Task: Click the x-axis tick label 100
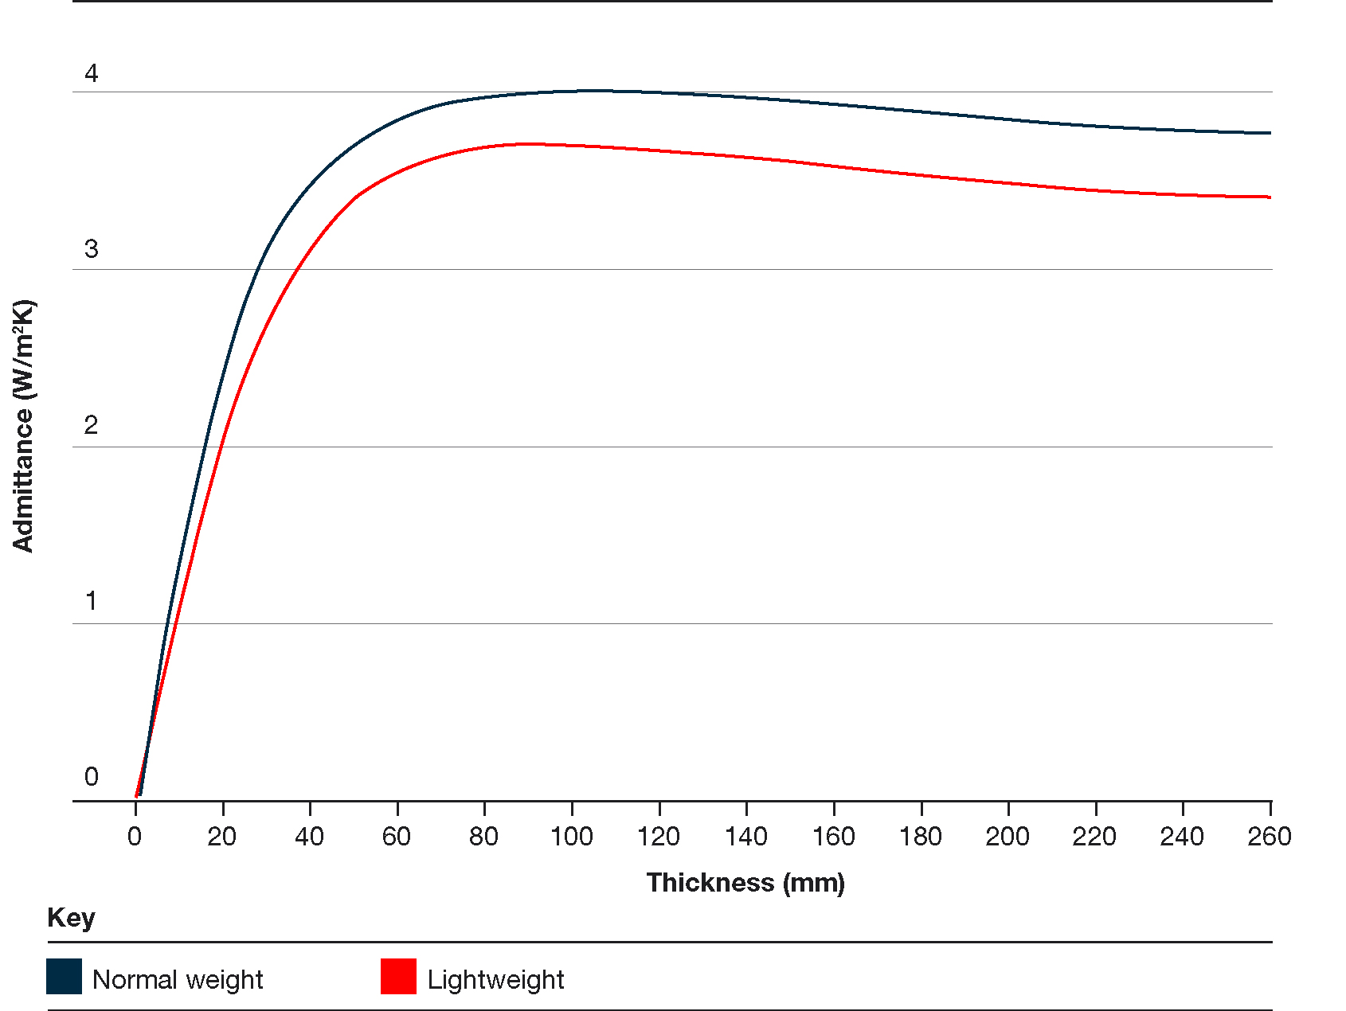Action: click(571, 837)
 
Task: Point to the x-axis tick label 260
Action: click(1269, 837)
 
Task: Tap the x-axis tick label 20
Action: click(222, 837)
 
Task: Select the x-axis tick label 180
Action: click(921, 837)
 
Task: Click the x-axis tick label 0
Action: click(135, 837)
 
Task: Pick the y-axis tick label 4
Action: click(92, 73)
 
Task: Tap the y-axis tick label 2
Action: click(92, 425)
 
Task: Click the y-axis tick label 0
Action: click(92, 777)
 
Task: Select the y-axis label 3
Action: click(92, 249)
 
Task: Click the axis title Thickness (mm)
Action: click(745, 883)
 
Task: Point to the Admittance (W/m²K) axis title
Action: click(24, 425)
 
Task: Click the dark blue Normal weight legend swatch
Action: click(64, 977)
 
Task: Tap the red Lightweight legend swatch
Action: click(398, 977)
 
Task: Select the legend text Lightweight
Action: click(495, 980)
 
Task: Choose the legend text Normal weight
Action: click(178, 980)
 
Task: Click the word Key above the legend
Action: click(71, 918)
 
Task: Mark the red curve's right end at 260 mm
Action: click(1269, 197)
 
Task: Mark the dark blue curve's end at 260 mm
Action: click(1269, 133)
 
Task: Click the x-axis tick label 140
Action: click(746, 837)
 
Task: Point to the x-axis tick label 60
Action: click(397, 837)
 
